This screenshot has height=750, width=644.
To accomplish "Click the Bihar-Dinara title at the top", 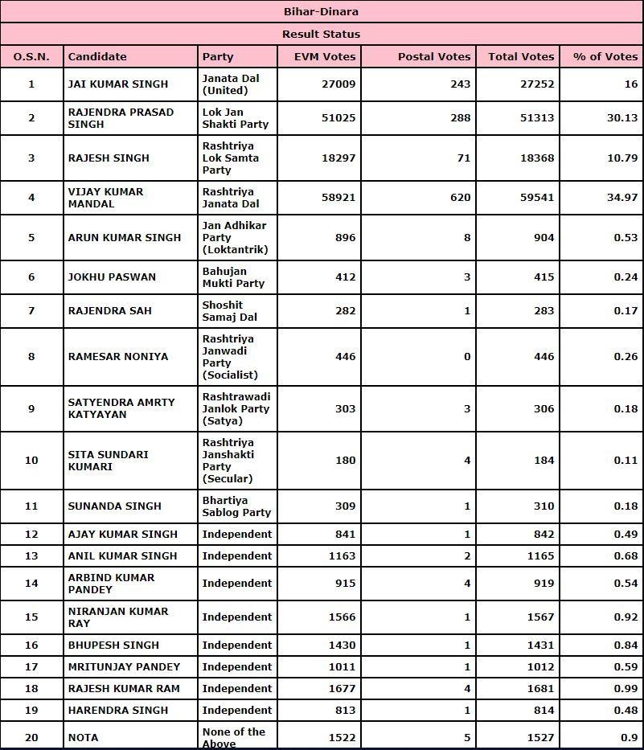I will click(x=322, y=11).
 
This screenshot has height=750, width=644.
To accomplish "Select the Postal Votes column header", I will click(x=434, y=56).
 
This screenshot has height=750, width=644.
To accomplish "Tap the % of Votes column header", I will click(x=605, y=56).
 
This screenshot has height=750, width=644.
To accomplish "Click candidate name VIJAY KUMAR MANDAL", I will click(x=106, y=198).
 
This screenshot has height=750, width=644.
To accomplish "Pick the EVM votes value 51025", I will click(x=338, y=118).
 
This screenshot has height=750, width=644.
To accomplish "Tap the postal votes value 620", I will click(x=461, y=198).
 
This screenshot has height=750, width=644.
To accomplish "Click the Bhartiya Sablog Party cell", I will click(x=236, y=506).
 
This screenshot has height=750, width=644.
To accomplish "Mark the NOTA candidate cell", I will click(x=84, y=737).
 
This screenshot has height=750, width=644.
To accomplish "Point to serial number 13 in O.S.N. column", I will click(x=31, y=556).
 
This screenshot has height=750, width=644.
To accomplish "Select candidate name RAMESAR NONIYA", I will click(x=118, y=357).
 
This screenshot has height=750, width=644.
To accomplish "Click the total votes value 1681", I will click(x=538, y=689).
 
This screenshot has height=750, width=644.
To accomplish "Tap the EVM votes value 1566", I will click(x=341, y=617).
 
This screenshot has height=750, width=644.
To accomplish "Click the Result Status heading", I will click(x=322, y=34).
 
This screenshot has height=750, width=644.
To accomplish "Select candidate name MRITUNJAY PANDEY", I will click(x=124, y=667).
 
